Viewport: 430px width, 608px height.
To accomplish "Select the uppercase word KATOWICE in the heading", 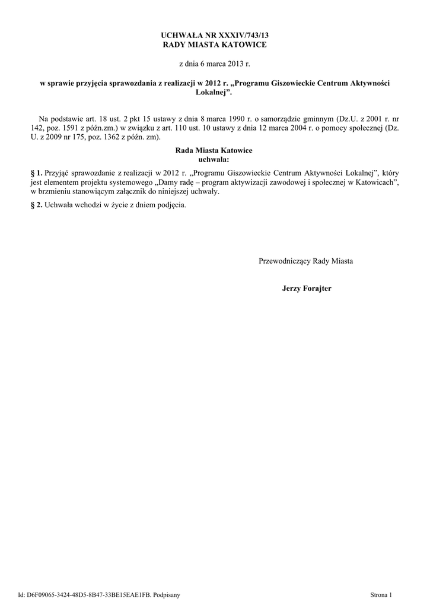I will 244,45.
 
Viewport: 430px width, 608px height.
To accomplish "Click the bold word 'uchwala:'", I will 214,159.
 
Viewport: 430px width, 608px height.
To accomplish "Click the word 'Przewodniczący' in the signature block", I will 285,261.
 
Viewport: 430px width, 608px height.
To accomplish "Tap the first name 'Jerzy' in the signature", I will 292,288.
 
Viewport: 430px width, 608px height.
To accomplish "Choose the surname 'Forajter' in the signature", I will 318,288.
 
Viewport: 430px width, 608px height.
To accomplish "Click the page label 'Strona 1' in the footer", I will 381,594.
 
